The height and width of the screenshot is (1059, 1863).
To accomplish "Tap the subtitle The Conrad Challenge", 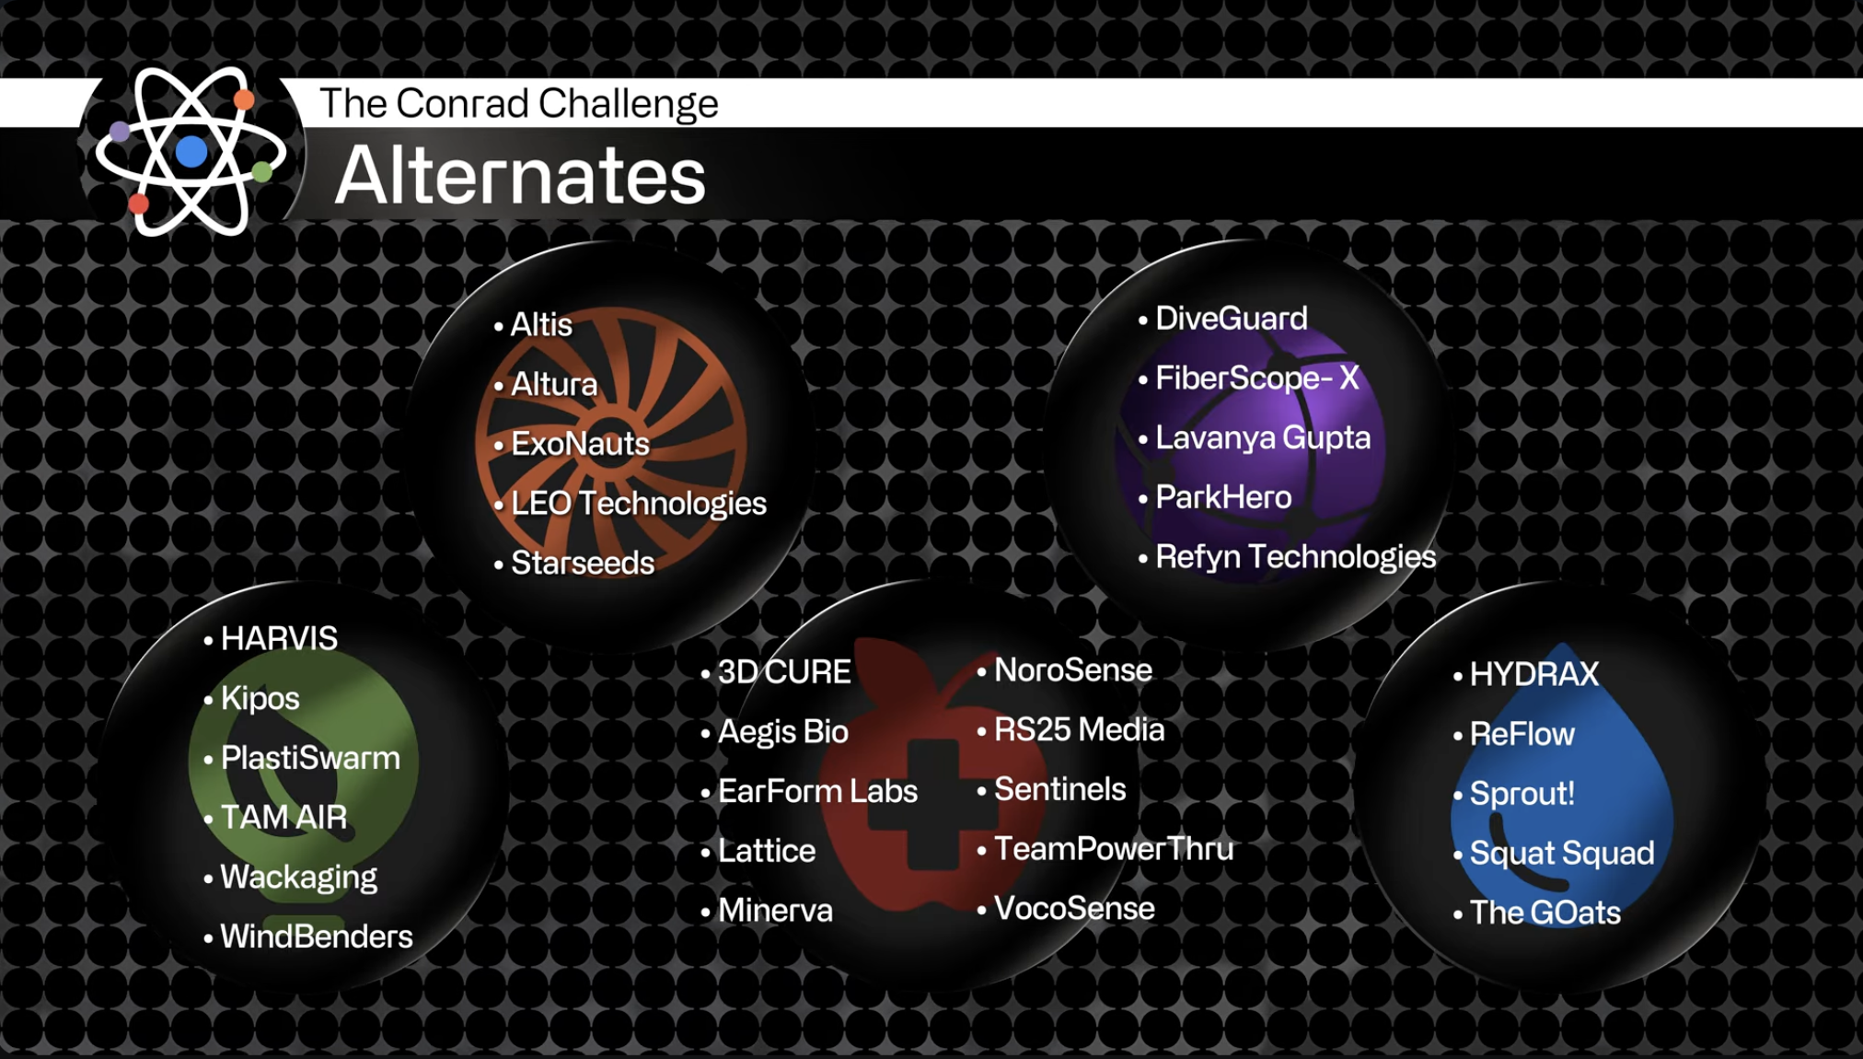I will (x=518, y=103).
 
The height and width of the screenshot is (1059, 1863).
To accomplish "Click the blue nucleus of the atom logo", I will (x=191, y=151).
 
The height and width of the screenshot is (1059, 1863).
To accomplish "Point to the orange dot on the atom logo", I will (x=244, y=99).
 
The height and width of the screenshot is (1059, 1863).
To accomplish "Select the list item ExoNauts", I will (x=580, y=444).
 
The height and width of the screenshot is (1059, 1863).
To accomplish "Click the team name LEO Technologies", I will (x=638, y=504).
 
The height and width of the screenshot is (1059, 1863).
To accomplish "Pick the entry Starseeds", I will (x=582, y=563).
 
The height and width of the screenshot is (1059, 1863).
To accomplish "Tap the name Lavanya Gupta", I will (x=1262, y=437).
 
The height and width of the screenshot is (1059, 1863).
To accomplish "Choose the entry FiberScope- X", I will (x=1256, y=378).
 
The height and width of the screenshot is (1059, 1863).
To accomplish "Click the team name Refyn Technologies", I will (x=1294, y=556).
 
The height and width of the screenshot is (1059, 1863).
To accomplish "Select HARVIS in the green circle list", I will (x=279, y=638).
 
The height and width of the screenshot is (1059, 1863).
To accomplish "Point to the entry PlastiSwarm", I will (x=310, y=758).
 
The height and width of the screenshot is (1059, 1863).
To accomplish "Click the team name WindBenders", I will (x=316, y=937).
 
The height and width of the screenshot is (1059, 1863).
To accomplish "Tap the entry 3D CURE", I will (x=783, y=672).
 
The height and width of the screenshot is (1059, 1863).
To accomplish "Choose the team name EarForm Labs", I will (x=816, y=791).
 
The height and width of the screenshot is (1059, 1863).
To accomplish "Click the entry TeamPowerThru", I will (x=1113, y=848).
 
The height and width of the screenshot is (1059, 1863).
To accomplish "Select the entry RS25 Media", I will (x=1079, y=729).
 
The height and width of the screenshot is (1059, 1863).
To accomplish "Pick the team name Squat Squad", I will (x=1561, y=853).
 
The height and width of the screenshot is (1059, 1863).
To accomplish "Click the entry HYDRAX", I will (x=1533, y=674).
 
